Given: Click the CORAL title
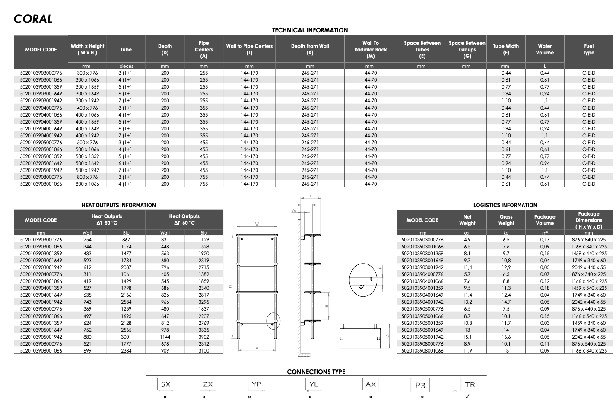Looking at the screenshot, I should point(33,19).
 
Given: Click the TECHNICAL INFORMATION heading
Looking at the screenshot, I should point(310,30).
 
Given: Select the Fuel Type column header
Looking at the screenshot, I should point(588,49).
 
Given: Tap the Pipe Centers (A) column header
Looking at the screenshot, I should point(203,49).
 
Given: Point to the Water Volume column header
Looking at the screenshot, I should point(545,49).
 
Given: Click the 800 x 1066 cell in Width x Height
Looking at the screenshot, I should point(87,184).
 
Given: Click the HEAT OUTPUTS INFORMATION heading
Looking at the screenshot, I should point(118,205).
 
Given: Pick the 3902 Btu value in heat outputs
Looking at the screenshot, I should point(204,337).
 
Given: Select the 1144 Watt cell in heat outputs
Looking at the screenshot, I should point(165,337).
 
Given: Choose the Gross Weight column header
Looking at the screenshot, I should point(506,220).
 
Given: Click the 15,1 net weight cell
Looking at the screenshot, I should point(467,337).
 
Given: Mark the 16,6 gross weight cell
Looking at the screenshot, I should point(506,337).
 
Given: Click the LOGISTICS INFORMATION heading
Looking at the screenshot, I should point(505,205).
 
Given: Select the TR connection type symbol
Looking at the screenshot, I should point(470,384).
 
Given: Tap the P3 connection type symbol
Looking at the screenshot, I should point(420,385).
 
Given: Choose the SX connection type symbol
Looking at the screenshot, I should point(165,384).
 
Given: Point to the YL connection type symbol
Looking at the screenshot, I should point(313,384).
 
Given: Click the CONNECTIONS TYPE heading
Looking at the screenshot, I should point(316,372).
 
